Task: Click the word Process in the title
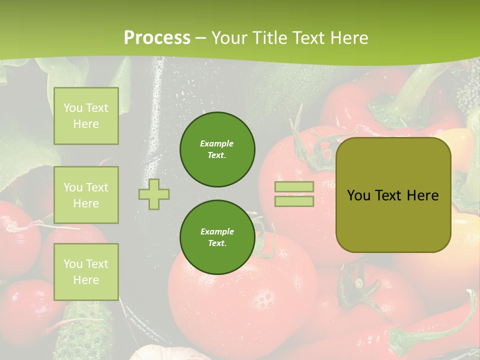coord(157,38)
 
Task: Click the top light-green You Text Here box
coord(86,116)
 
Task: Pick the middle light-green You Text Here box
coord(86,195)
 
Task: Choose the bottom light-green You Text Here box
coord(86,272)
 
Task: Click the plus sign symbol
coord(154,194)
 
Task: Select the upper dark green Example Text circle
coord(217,149)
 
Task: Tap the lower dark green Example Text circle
coord(217,237)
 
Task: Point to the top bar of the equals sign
coord(294,187)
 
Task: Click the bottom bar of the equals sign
coord(294,201)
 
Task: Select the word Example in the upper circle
coord(217,143)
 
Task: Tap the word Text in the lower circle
coord(217,243)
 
